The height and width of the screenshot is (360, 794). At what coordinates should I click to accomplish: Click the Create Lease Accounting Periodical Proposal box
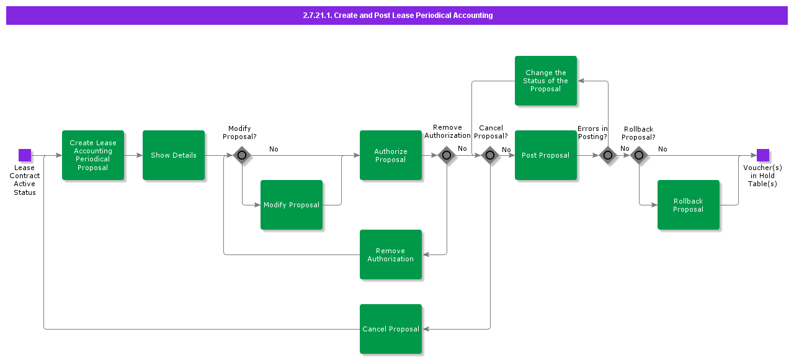[93, 155]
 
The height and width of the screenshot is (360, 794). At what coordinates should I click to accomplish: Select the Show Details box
[174, 155]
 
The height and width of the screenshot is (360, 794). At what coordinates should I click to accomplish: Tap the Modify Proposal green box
[292, 205]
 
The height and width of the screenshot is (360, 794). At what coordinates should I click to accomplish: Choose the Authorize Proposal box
[391, 155]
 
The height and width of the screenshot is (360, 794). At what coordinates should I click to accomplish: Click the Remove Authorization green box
[391, 254]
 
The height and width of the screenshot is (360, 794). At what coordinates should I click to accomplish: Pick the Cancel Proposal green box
[391, 329]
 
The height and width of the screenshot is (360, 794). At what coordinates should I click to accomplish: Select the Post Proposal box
[546, 155]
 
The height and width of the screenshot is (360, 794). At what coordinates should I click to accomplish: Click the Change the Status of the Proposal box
[546, 81]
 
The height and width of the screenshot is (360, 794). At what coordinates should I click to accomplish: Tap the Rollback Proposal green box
[689, 205]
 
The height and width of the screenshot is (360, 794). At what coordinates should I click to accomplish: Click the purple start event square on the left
[25, 155]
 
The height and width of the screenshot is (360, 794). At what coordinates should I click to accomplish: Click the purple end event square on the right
[763, 155]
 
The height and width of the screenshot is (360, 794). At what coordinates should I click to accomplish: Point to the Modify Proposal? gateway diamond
[242, 155]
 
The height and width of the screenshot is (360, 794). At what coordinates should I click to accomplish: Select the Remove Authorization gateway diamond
[447, 155]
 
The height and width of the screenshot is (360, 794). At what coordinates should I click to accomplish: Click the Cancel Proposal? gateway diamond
[490, 155]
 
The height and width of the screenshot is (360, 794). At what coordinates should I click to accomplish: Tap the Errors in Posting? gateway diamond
[608, 155]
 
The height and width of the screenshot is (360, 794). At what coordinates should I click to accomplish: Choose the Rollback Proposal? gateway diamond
[639, 155]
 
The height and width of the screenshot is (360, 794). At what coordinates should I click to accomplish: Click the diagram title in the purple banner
[397, 16]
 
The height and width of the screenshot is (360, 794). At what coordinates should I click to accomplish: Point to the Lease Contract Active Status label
[25, 180]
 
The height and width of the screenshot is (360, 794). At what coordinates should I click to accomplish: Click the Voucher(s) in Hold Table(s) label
[762, 176]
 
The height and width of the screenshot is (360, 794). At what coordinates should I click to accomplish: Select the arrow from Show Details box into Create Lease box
[133, 155]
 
